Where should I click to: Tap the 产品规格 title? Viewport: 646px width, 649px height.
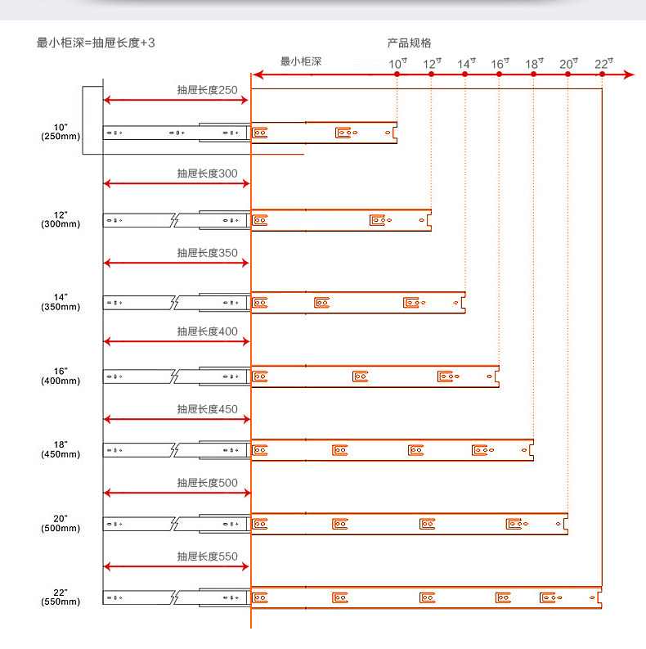[409, 43]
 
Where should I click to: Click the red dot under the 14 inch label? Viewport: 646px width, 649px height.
[465, 74]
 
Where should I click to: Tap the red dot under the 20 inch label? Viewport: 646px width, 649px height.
[567, 74]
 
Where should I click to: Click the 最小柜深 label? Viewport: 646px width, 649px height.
[301, 61]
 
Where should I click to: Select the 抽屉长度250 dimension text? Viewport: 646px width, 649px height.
[208, 89]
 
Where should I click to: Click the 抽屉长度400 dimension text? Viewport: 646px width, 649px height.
[208, 331]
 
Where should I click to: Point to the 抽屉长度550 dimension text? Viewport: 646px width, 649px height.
[208, 557]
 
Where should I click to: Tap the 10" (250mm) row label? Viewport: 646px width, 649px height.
[61, 132]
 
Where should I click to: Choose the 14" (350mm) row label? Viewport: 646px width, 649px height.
[61, 302]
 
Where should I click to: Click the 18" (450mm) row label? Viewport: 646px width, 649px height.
[61, 449]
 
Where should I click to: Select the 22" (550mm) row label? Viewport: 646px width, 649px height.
[61, 597]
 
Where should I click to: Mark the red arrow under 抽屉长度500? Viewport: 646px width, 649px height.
[176, 493]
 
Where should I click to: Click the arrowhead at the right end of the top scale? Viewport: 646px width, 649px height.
[629, 74]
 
